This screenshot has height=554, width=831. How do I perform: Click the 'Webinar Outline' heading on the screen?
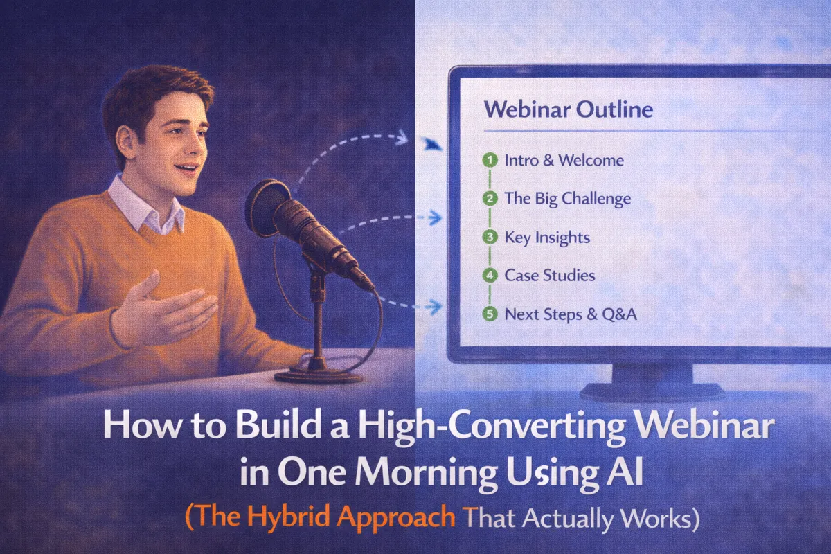pyautogui.click(x=568, y=109)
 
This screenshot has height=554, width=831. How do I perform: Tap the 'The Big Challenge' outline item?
pyautogui.click(x=567, y=199)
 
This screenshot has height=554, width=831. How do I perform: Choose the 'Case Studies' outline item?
pyautogui.click(x=549, y=275)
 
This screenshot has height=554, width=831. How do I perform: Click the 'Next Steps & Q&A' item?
pyautogui.click(x=571, y=314)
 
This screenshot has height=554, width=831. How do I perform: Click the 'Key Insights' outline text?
pyautogui.click(x=547, y=237)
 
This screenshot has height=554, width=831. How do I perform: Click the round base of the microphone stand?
pyautogui.click(x=318, y=375)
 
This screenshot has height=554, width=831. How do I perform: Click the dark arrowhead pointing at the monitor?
pyautogui.click(x=433, y=144)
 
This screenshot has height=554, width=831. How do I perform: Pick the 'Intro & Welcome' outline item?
pyautogui.click(x=564, y=160)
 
